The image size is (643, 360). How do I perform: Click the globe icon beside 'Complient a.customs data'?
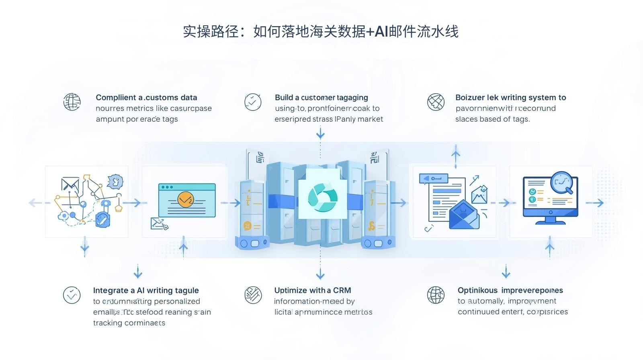[72, 102]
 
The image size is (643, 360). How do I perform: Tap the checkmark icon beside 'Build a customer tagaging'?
[253, 102]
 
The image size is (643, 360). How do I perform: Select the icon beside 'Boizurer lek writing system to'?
[436, 102]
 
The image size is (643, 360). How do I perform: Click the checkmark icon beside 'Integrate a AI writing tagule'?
[72, 295]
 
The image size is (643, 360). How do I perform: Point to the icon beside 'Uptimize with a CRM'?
[253, 295]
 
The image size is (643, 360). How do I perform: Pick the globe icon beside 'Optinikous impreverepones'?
[436, 295]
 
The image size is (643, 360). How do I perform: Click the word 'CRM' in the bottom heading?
[342, 290]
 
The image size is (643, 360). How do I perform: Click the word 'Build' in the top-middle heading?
[284, 97]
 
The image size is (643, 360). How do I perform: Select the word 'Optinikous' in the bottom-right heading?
[477, 290]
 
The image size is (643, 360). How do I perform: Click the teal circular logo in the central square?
[322, 197]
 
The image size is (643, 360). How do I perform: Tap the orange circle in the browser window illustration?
[185, 199]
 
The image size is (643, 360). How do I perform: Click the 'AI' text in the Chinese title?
[381, 31]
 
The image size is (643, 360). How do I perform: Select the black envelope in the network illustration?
[70, 184]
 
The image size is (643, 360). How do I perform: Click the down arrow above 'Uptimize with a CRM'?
[320, 274]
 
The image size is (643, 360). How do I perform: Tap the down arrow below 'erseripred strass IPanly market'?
[320, 133]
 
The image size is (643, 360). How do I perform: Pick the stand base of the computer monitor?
[550, 221]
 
